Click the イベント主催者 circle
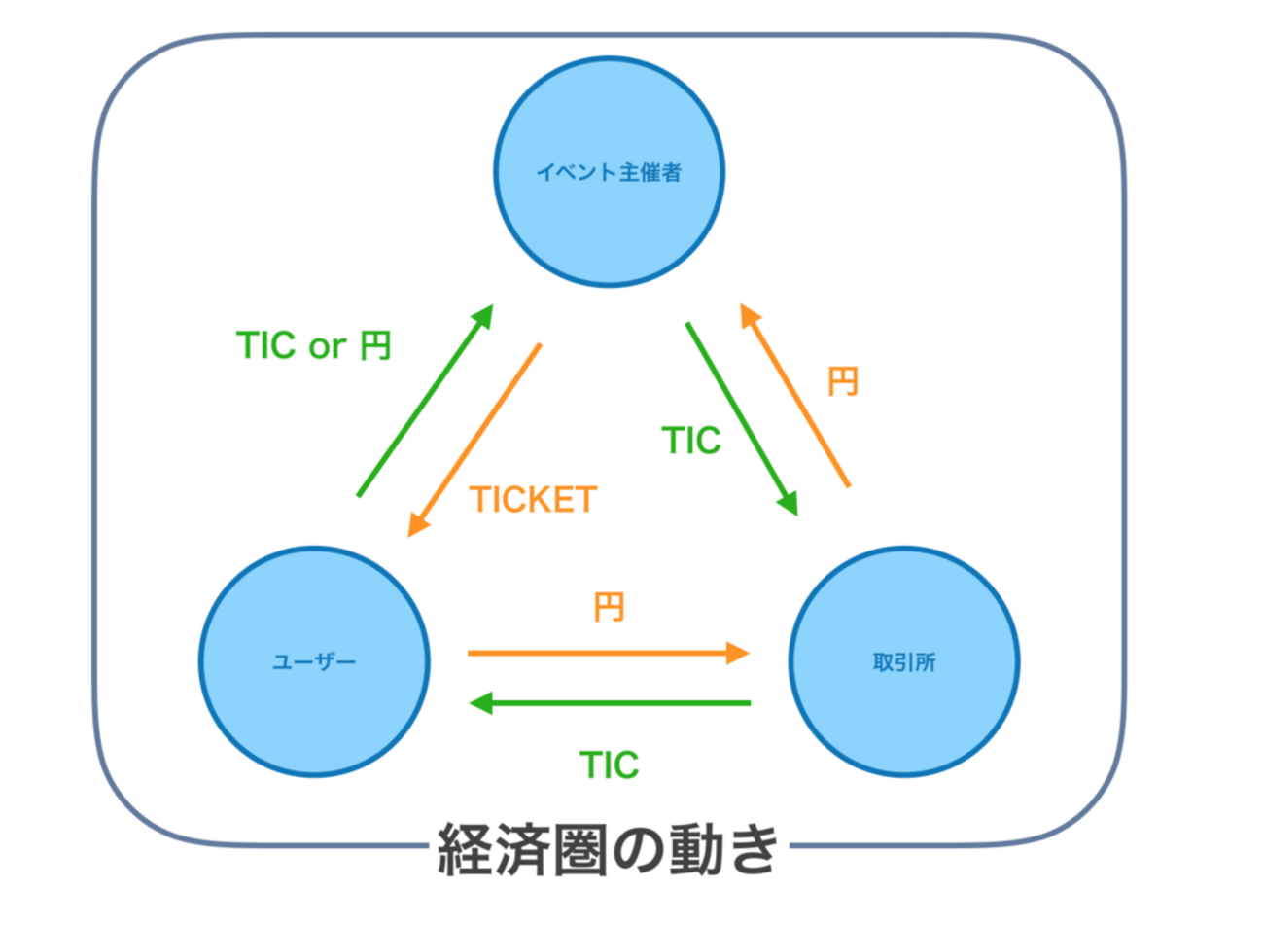pos(609,172)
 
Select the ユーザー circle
pos(314,661)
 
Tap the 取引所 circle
pos(904,661)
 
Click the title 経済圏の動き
pos(609,849)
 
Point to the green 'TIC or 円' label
pos(313,345)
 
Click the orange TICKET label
pos(533,500)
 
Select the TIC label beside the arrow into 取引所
pos(691,441)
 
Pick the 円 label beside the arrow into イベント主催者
pos(843,381)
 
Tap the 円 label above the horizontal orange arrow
pos(609,608)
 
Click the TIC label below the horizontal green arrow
pos(609,765)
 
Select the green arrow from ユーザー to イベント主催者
pos(426,401)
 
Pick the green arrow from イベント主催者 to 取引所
pos(742,418)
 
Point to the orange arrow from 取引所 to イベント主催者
pos(794,395)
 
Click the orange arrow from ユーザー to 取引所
pos(603,653)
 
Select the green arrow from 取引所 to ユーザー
pos(613,702)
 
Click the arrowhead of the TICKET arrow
pos(417,524)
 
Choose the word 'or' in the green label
pos(328,345)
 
